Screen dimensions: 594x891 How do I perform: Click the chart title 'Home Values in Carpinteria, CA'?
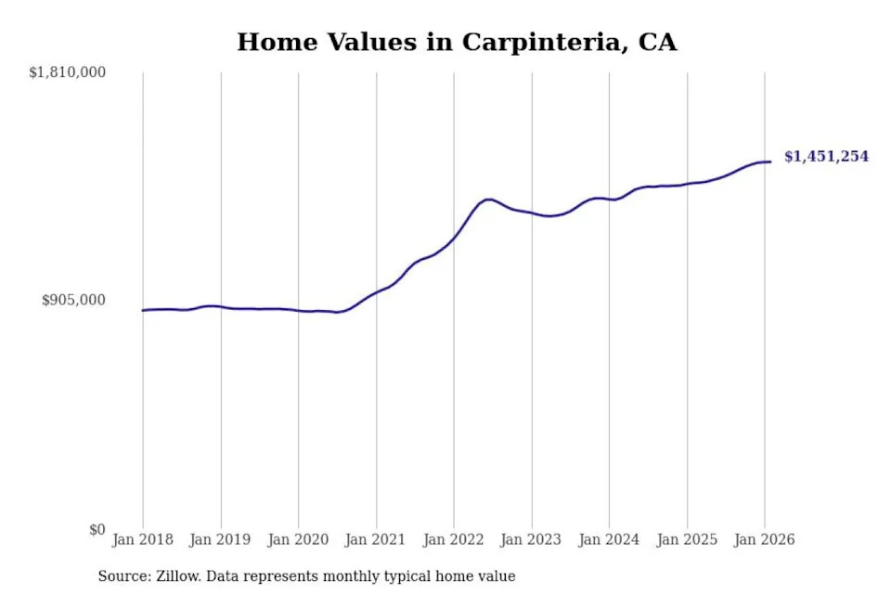coord(457,43)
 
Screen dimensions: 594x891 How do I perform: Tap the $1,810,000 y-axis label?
coord(68,72)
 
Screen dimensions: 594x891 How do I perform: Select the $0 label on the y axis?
coord(97,529)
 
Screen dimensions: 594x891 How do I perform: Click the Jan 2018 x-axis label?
coord(143,539)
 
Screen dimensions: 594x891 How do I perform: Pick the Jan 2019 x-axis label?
coord(221,539)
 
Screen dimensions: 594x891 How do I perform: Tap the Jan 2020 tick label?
coord(298,539)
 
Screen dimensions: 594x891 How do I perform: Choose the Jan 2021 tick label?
coord(376,539)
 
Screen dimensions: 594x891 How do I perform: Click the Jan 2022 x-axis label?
coord(454,539)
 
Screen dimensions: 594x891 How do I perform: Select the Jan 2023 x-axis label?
coord(532,539)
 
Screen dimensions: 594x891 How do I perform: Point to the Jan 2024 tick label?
coord(609,539)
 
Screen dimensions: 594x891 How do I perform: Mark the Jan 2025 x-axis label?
coord(687,539)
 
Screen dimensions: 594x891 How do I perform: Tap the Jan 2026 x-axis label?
coord(764,539)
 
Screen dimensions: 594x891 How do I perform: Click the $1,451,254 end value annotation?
coord(826,157)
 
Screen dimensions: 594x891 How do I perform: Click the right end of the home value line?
coord(770,162)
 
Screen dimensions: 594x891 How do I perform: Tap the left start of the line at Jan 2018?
coord(143,310)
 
